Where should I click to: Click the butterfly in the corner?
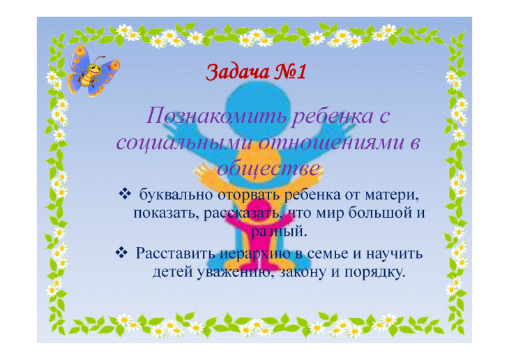coord(93,71)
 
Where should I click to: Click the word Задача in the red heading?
coord(238,72)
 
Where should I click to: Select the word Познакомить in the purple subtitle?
coord(216,116)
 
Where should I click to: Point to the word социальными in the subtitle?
coord(185,142)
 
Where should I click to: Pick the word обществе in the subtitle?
coord(268,169)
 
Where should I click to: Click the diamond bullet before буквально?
coord(125,194)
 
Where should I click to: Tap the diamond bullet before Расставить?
coord(121,253)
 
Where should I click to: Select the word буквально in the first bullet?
coord(176,195)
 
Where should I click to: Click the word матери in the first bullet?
coord(392,195)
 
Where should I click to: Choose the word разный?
coord(279,232)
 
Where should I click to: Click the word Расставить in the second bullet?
coord(176,253)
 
